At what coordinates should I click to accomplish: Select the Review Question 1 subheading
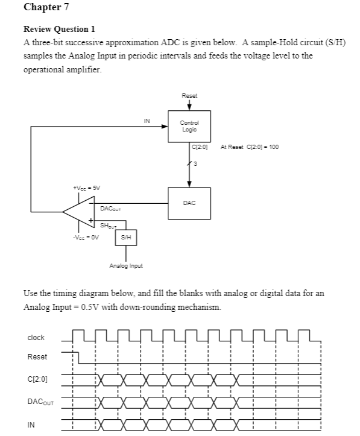59,29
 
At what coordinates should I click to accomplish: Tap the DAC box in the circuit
189,203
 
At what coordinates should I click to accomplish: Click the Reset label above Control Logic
189,96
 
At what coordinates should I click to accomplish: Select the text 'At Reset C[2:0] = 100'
250,147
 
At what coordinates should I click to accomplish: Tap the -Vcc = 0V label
84,237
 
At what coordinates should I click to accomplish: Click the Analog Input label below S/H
125,265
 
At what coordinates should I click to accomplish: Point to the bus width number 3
195,163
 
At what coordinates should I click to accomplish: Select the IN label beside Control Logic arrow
147,121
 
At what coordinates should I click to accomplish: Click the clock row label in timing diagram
36,338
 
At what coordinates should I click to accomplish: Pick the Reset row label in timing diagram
37,357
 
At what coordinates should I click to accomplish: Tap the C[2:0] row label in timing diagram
37,380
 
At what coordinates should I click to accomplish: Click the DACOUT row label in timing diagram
39,402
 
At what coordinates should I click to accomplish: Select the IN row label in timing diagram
30,425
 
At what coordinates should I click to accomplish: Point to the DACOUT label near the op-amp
110,208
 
